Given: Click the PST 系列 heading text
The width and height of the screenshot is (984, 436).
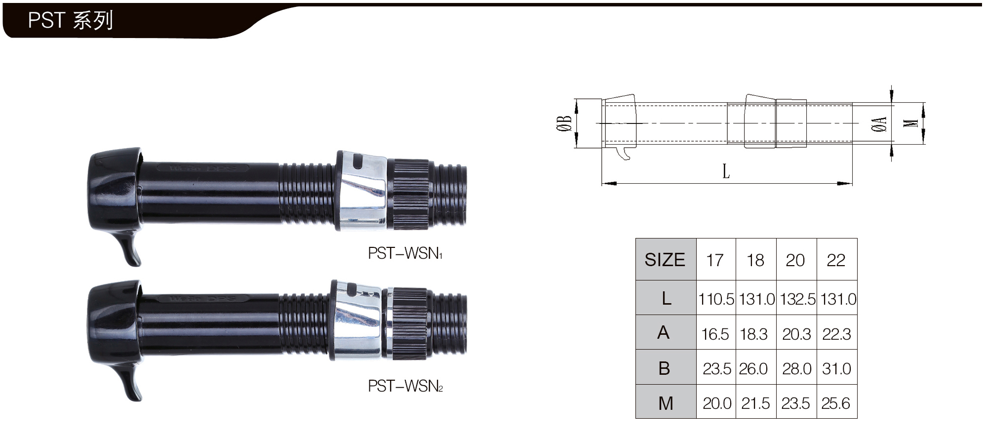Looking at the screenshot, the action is (x=71, y=20).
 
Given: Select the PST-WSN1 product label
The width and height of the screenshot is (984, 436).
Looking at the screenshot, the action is (x=405, y=253).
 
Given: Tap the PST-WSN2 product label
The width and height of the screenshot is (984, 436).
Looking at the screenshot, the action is (x=405, y=386).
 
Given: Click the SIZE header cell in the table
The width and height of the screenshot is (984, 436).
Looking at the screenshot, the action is (x=665, y=260).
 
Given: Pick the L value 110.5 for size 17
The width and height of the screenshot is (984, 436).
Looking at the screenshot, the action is (x=716, y=299).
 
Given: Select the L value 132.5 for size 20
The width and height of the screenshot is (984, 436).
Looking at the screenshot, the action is (x=797, y=299).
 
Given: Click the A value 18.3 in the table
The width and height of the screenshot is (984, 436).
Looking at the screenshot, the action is (x=753, y=334).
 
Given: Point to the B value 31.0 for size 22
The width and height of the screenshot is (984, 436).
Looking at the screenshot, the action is (x=836, y=368).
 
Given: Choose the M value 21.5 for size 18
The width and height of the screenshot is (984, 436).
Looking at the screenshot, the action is (x=755, y=403).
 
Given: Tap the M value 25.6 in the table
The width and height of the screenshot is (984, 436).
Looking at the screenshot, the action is (x=835, y=403).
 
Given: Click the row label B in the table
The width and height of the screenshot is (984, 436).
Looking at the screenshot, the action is (x=665, y=368).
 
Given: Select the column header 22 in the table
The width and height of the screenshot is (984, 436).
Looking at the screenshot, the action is (x=836, y=260).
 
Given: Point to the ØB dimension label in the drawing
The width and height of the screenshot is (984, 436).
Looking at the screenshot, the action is (x=564, y=123).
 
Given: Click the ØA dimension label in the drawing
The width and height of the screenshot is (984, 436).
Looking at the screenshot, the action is (x=879, y=124).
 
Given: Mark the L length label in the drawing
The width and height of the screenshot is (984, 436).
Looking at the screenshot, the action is (x=726, y=171).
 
